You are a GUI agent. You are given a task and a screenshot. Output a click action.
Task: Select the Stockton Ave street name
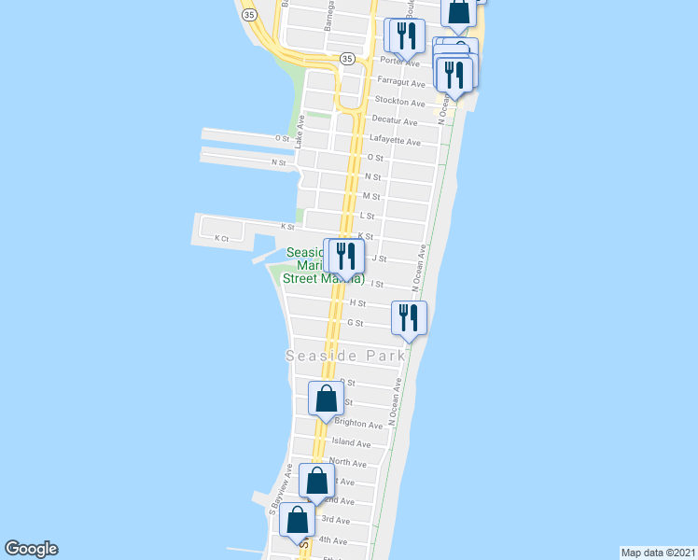pos(399,101)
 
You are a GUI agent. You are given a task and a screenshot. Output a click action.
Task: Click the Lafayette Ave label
pos(395,142)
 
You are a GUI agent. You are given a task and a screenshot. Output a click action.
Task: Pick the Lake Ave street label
pos(300,132)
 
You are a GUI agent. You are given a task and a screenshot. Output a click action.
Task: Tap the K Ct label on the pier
pos(221,238)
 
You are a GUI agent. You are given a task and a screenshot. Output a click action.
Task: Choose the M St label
pos(371,197)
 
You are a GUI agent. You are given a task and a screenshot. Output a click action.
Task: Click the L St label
pos(367,217)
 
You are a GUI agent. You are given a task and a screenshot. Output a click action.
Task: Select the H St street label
pos(356,303)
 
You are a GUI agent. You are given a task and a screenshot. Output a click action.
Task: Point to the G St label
pos(355,324)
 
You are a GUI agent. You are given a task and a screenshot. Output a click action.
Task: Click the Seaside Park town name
pos(345,356)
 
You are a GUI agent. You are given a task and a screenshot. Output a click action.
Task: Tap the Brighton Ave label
pos(358,424)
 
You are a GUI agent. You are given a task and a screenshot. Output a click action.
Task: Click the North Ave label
pos(347,463)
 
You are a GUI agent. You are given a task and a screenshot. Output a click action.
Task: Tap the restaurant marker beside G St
pos(409,317)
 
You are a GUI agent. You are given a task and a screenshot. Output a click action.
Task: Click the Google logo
pos(31,549)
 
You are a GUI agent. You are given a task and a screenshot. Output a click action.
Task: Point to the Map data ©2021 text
pos(658,552)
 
